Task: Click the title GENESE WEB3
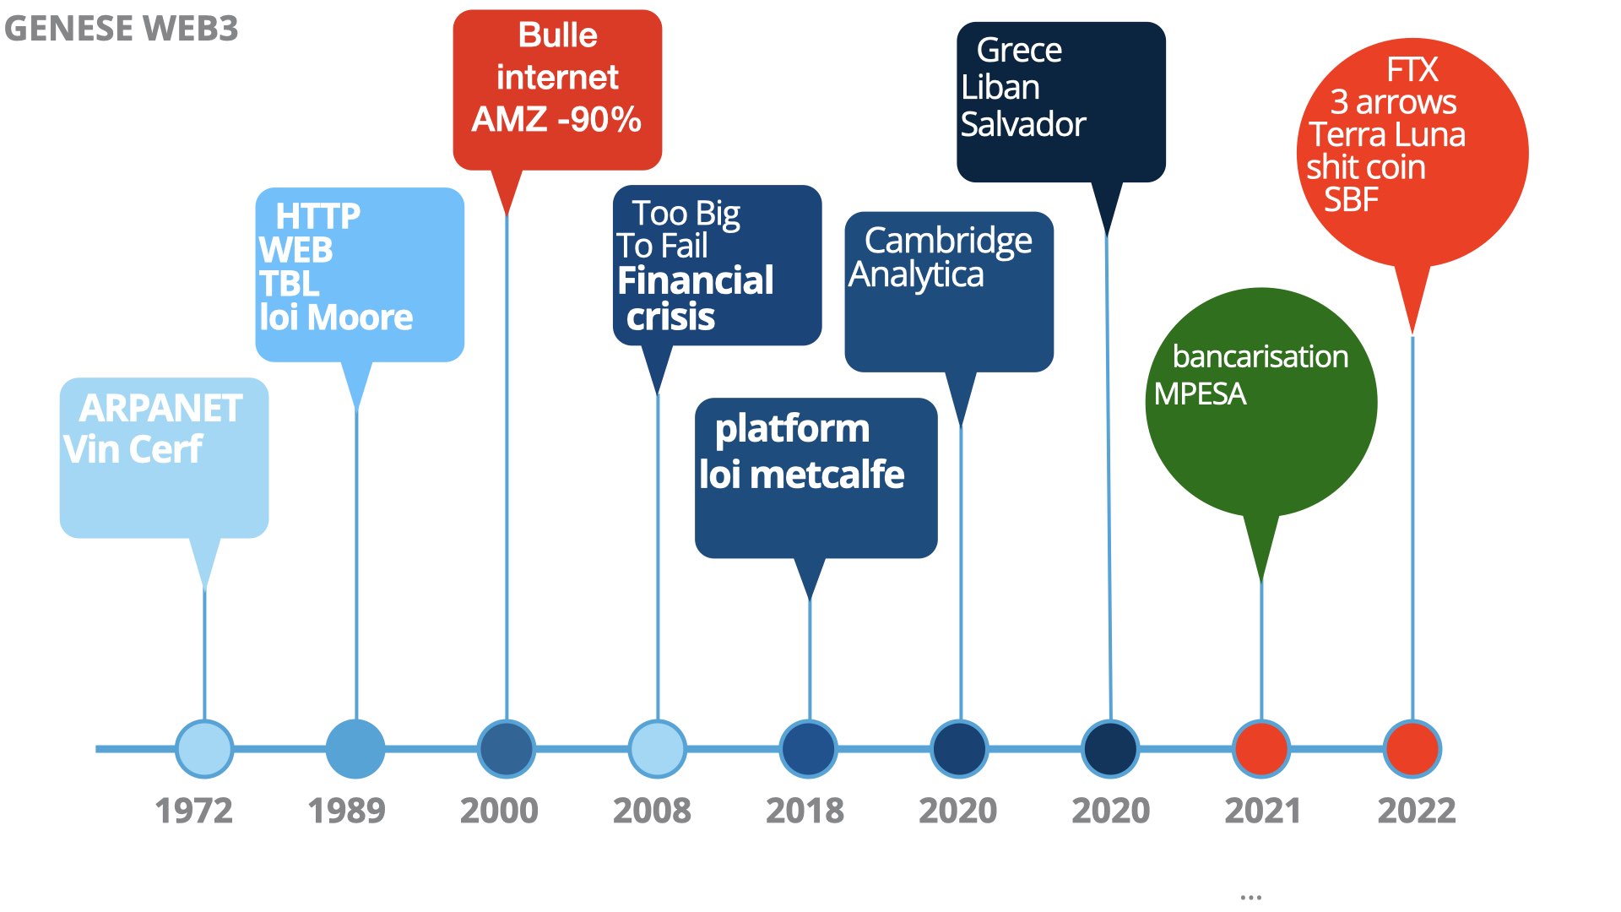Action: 121,29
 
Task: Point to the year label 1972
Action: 193,811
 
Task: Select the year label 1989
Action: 346,811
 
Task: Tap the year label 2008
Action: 652,811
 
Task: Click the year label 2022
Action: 1417,811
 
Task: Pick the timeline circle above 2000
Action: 507,748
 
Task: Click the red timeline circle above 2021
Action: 1261,748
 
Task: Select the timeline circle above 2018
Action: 809,748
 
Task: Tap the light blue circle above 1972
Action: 204,748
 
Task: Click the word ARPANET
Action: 161,409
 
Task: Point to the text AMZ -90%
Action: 556,119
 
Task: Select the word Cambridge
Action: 948,242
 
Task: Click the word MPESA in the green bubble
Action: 1200,394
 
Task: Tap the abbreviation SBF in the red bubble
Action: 1351,200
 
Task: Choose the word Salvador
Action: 1022,125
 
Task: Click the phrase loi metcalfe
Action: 802,475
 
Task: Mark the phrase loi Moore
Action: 336,318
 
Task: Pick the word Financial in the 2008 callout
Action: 696,280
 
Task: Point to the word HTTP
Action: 317,216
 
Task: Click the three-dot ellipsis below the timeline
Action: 1251,898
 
